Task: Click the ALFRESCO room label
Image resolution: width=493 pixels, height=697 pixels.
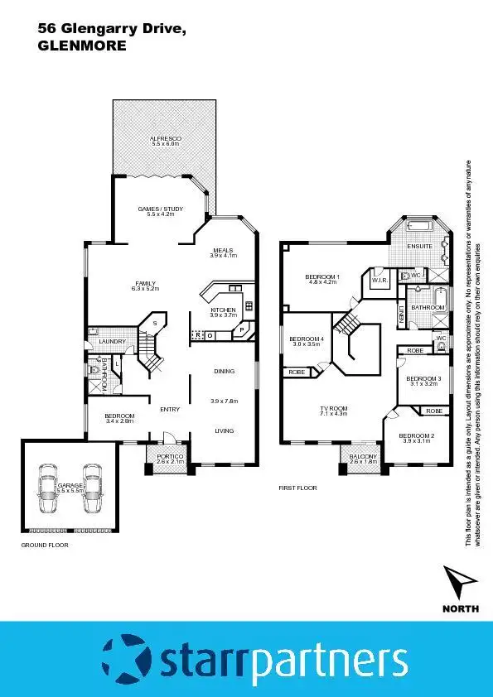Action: tap(166, 137)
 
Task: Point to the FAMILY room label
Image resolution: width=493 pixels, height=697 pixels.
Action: tap(146, 284)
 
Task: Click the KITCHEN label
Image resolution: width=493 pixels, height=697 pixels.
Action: tap(223, 310)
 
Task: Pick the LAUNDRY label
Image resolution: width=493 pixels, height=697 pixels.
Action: tap(110, 341)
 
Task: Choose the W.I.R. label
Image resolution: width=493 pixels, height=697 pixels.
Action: tap(380, 281)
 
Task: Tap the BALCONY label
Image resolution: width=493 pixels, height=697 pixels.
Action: tap(363, 457)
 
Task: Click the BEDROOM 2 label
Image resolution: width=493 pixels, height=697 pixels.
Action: tap(416, 436)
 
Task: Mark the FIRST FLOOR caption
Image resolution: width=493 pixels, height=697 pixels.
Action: tap(297, 488)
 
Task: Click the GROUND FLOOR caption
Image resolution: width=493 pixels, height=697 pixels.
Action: tap(44, 546)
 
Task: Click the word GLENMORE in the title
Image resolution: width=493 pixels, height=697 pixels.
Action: tap(82, 46)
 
